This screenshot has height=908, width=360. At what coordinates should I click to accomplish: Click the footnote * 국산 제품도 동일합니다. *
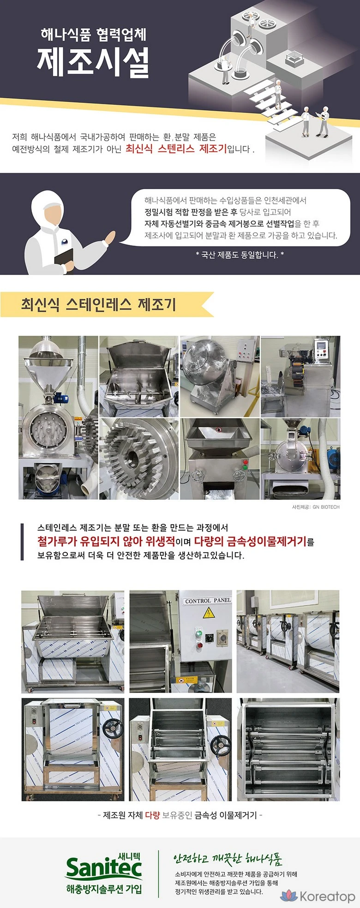(x=240, y=254)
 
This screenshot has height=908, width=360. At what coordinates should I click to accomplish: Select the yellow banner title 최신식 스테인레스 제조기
(x=98, y=305)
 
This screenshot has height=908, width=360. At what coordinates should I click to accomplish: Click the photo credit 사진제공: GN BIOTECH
(x=316, y=507)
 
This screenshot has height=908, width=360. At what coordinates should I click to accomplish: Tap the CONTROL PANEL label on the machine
(x=208, y=601)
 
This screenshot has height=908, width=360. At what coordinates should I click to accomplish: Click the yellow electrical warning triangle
(x=207, y=613)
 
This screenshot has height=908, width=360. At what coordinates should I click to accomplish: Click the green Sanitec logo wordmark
(x=104, y=869)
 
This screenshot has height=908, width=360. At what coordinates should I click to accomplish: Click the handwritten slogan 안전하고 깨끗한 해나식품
(x=228, y=859)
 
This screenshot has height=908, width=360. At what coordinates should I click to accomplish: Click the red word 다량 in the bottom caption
(x=152, y=815)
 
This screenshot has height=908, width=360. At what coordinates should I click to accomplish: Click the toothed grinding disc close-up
(x=138, y=459)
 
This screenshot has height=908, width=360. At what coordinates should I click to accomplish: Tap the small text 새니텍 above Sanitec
(x=129, y=855)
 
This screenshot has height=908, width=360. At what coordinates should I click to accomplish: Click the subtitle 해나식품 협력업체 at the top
(x=93, y=34)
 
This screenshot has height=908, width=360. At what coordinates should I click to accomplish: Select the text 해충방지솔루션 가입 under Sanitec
(x=104, y=889)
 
